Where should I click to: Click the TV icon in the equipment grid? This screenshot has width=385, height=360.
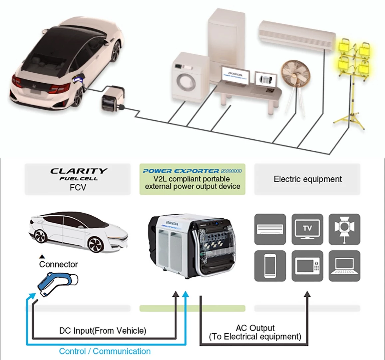point(307,229)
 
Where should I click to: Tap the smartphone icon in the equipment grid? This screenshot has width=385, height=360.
point(270,266)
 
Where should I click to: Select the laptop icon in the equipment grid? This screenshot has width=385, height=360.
point(344,266)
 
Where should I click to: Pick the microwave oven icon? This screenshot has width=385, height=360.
point(307,266)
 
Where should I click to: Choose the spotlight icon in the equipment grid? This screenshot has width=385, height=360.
point(344,229)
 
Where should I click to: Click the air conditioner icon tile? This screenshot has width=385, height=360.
point(270,229)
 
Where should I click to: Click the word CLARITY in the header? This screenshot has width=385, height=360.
point(79,171)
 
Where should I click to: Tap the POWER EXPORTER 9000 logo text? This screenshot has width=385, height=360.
point(192,171)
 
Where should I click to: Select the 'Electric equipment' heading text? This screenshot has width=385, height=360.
point(307,179)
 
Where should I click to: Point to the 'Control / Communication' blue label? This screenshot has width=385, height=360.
point(105,351)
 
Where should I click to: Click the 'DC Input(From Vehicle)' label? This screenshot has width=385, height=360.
point(103,331)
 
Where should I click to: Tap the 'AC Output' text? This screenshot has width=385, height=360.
point(255,328)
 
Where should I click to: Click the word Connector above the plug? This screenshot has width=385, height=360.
point(58,264)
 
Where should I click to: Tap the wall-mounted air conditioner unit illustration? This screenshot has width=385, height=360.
point(297,35)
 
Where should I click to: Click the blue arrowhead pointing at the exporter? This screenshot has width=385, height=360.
point(186,294)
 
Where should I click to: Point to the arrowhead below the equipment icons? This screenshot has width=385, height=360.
point(307,294)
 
